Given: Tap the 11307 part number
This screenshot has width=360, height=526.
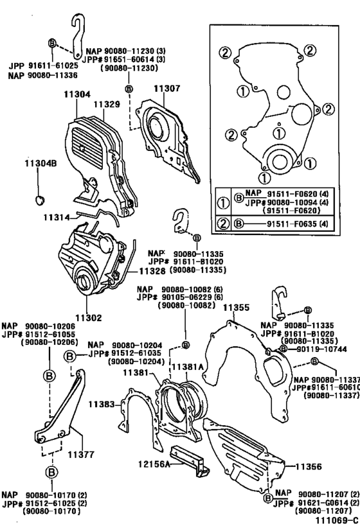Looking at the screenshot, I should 167,90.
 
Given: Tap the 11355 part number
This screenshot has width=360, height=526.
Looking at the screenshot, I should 236,308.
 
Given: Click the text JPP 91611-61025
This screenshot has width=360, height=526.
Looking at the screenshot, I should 35,66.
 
